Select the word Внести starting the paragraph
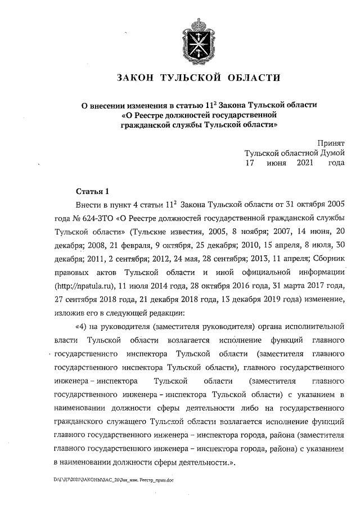pyautogui.click(x=87, y=205)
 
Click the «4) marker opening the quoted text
pyautogui.click(x=81, y=326)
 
